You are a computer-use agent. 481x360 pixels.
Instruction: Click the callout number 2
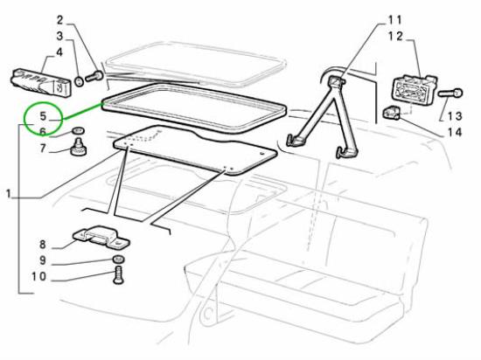(59, 20)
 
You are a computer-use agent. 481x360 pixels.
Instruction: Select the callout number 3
(59, 37)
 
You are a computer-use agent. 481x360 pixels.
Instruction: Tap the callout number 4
(59, 52)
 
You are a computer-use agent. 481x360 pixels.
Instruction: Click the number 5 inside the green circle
(43, 116)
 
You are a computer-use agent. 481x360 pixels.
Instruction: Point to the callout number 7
(43, 149)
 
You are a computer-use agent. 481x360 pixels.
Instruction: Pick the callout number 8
(43, 245)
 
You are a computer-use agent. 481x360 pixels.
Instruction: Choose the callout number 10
(39, 277)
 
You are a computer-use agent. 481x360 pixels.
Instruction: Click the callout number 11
(394, 20)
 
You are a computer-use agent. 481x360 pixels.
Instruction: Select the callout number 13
(455, 116)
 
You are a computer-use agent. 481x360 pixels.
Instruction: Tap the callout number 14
(455, 133)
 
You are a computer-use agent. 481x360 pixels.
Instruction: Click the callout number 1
(9, 194)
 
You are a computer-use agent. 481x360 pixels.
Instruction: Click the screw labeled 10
(118, 276)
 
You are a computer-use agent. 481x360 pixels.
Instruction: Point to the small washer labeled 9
(118, 260)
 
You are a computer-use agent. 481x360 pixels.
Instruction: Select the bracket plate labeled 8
(101, 238)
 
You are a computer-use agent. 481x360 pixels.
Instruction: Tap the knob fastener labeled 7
(79, 147)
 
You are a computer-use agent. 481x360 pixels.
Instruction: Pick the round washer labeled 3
(79, 82)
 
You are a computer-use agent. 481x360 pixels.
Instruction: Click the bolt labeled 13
(450, 93)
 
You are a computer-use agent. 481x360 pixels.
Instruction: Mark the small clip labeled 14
(392, 112)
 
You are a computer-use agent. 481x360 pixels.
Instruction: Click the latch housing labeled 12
(415, 89)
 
